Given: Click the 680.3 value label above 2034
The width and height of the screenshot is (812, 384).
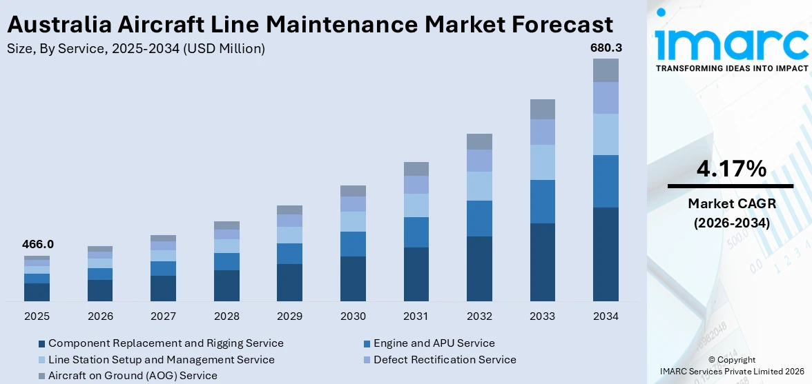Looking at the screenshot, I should (605, 48).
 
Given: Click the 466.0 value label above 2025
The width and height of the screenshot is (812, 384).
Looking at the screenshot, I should (37, 244).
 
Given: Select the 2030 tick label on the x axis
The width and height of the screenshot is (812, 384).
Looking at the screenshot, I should (353, 316).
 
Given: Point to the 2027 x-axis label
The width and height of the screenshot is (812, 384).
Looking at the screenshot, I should (163, 316).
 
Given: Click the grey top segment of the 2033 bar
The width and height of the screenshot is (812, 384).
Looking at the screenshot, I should (542, 109).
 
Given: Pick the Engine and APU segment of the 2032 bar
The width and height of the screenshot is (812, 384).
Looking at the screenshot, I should (479, 219).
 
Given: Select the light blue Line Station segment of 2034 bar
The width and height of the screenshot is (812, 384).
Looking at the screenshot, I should (606, 134).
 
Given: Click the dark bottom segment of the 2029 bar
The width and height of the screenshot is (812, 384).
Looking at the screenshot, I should (289, 282).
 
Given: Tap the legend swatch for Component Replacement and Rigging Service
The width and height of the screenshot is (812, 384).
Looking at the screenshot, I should (41, 343).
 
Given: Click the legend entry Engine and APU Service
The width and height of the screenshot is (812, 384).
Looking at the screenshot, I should (434, 343).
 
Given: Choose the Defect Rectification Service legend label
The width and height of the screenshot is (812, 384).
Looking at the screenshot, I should (445, 360).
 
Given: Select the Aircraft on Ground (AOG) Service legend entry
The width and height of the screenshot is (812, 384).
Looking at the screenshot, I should (133, 376).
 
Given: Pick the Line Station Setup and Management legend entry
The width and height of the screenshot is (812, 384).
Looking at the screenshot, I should (161, 360).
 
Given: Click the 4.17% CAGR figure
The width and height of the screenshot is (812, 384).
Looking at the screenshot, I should (731, 168).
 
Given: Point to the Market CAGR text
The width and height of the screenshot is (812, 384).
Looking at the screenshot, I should (731, 203).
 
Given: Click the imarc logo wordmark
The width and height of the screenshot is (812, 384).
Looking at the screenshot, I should (731, 43).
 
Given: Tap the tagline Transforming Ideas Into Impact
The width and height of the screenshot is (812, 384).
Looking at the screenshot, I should (731, 68).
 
